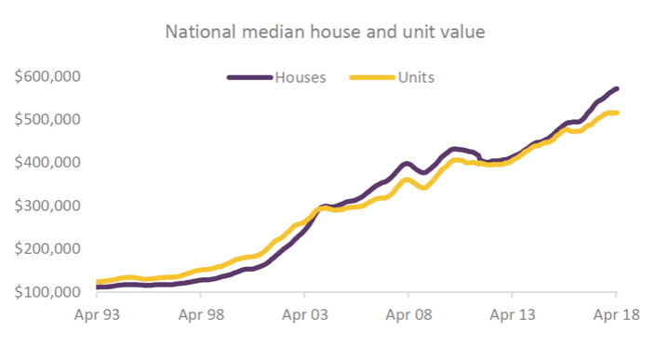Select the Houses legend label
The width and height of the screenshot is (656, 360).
point(299,77)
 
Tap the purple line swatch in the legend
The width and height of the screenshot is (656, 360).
point(248,77)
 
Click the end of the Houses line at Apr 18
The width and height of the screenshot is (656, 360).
point(617,89)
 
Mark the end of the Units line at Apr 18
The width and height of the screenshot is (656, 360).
point(617,113)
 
